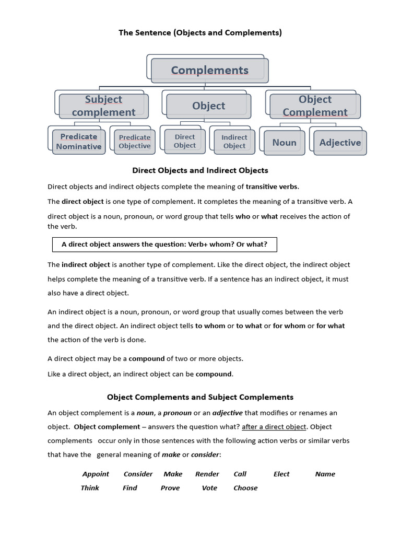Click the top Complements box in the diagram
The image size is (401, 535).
click(x=209, y=70)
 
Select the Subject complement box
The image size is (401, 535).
click(x=103, y=106)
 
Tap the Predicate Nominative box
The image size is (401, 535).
click(x=79, y=142)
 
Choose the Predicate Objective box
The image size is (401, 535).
click(x=134, y=142)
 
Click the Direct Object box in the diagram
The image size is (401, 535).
click(x=185, y=141)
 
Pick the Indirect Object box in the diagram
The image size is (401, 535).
click(x=234, y=141)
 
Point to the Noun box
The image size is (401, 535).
click(x=284, y=143)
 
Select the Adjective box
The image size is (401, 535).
click(x=340, y=143)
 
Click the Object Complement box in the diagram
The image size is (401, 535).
click(x=315, y=106)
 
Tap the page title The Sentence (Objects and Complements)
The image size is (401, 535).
click(x=200, y=32)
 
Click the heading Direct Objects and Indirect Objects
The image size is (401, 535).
click(x=200, y=170)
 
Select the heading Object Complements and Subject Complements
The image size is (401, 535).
click(x=200, y=397)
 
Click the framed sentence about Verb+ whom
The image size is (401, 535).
click(x=164, y=245)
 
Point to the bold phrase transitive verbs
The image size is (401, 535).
click(x=273, y=187)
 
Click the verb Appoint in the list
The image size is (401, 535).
click(x=96, y=474)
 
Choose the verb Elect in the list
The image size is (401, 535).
click(x=281, y=474)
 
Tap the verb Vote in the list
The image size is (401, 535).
click(x=209, y=488)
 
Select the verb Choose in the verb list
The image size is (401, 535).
click(x=245, y=488)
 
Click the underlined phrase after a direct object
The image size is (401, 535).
click(x=274, y=427)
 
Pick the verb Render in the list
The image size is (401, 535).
click(x=207, y=474)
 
